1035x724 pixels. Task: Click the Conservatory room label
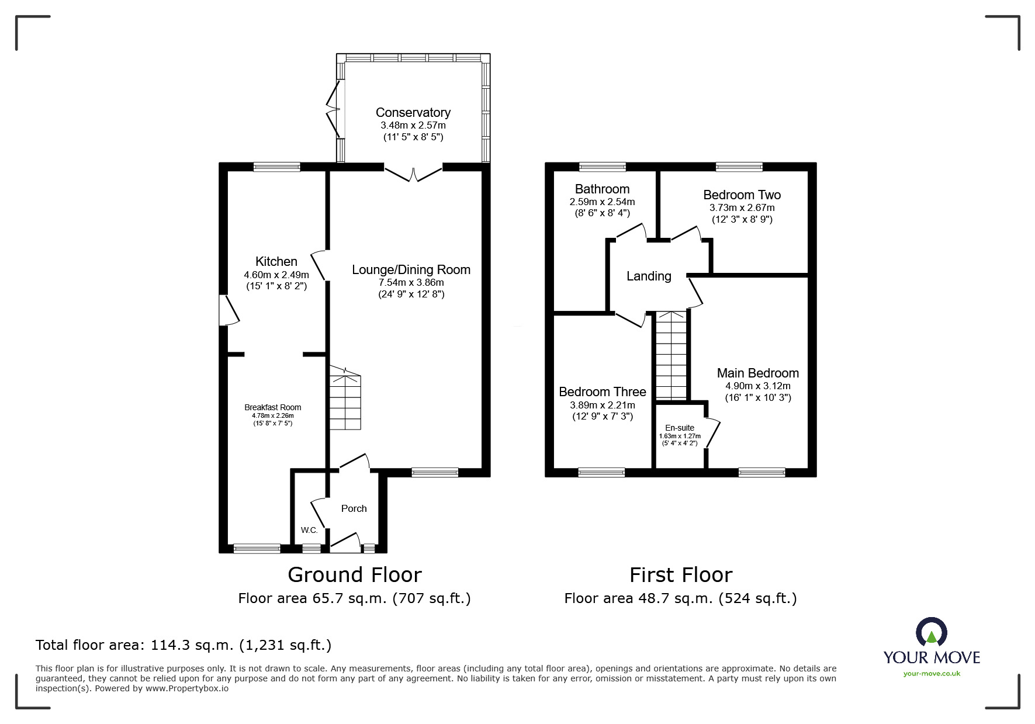point(413,112)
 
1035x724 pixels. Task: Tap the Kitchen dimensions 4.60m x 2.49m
point(276,275)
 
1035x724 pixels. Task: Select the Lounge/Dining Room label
point(411,269)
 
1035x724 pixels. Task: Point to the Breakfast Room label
point(273,407)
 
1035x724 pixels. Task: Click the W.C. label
point(309,530)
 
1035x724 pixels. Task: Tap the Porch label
point(354,508)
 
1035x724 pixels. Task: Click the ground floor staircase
point(345,398)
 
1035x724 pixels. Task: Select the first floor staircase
point(671,356)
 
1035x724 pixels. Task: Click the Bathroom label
point(602,189)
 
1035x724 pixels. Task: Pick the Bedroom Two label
point(742,195)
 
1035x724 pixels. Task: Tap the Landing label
point(649,276)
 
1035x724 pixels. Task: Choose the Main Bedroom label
point(757,373)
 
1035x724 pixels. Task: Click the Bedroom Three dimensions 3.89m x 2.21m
point(602,405)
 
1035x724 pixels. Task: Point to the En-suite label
point(679,428)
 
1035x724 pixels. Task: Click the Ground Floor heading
point(354,575)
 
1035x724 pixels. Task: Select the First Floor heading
point(680,575)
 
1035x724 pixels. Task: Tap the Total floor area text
point(184,645)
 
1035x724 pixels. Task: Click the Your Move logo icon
point(931,632)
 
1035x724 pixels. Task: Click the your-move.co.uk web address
point(932,673)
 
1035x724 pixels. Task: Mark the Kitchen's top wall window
point(276,167)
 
